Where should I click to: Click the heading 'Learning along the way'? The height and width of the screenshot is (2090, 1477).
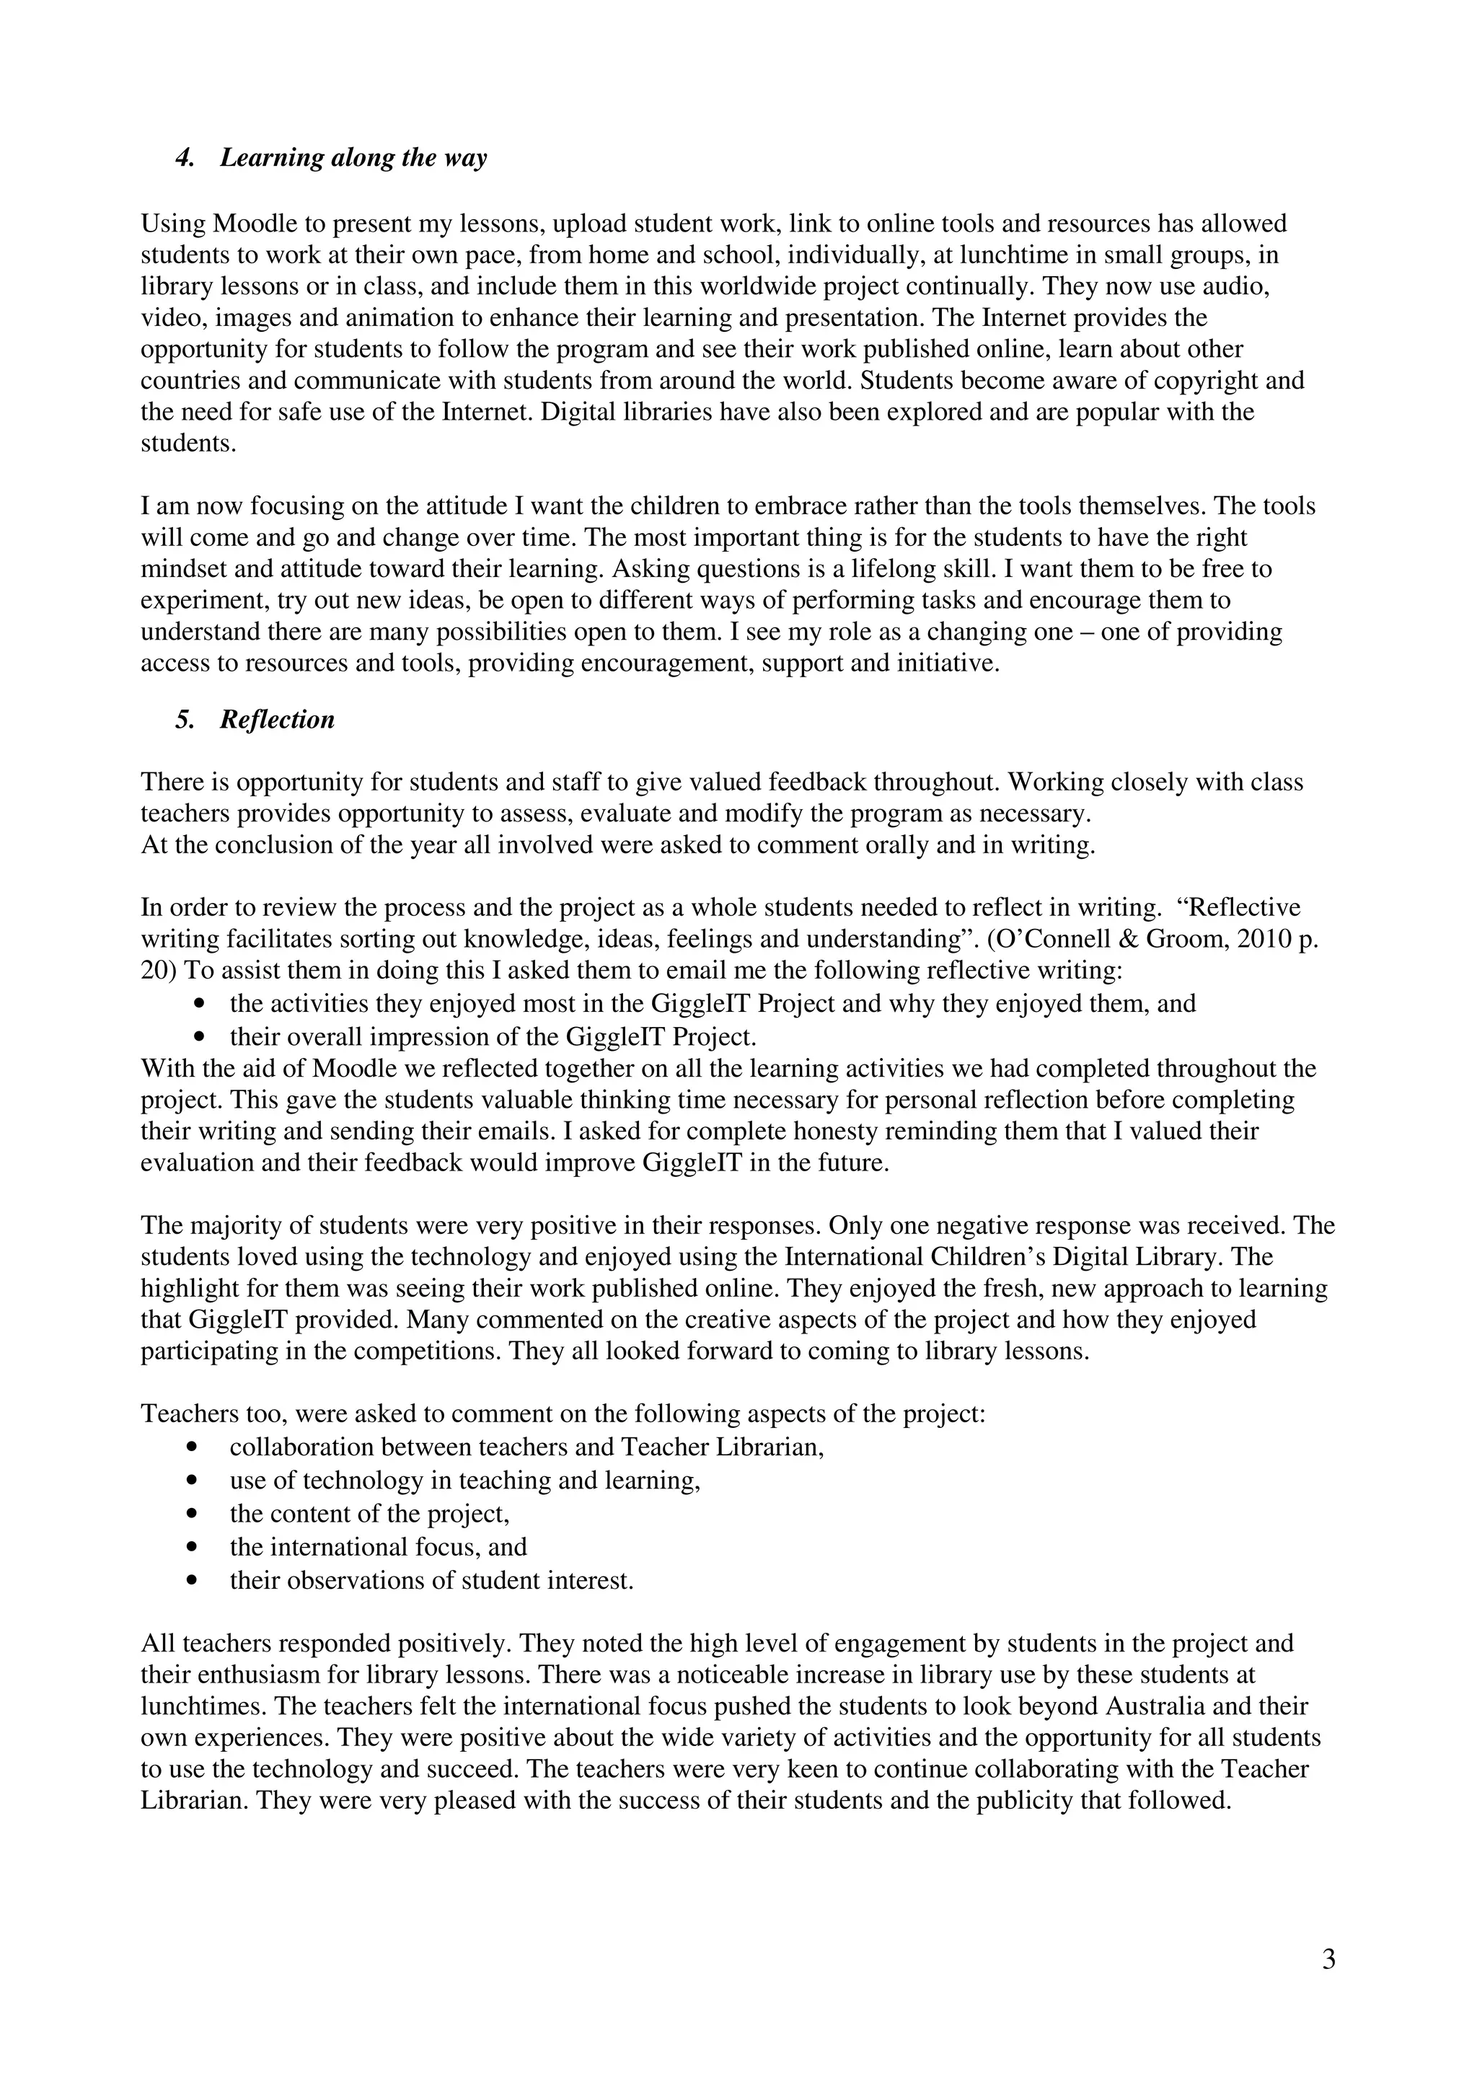(353, 159)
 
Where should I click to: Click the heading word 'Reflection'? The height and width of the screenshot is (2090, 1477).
(277, 720)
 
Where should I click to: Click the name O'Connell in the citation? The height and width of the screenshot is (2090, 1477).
(1046, 940)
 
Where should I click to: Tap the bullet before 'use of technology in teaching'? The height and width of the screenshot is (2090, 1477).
(191, 1480)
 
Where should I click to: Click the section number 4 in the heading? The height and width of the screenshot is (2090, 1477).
(185, 159)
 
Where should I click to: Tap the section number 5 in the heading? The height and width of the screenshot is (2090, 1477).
(185, 720)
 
